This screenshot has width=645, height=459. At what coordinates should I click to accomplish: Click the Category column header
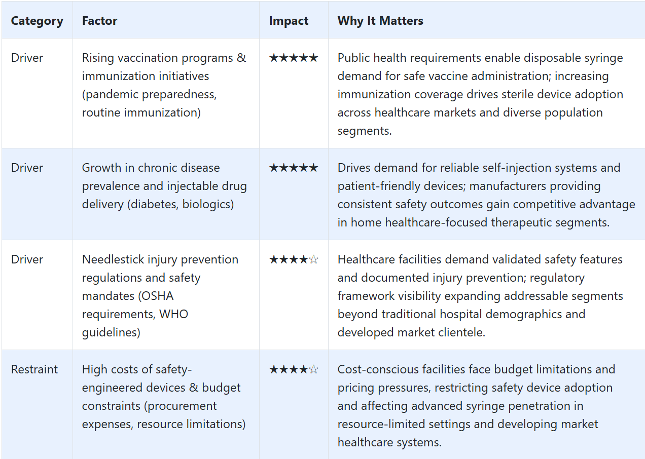[37, 21]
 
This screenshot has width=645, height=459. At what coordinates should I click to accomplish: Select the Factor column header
[99, 21]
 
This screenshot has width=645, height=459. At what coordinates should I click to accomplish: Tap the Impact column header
[289, 21]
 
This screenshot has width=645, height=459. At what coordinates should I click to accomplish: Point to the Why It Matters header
[380, 21]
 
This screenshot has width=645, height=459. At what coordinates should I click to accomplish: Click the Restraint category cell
[34, 369]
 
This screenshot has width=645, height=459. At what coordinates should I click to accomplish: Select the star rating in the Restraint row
[294, 369]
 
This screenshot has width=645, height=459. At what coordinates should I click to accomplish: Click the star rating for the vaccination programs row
[294, 58]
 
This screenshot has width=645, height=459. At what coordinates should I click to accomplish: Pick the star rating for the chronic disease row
[294, 168]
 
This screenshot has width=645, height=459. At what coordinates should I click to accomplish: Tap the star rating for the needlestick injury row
[294, 259]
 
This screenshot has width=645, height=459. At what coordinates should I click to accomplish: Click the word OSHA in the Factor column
[157, 296]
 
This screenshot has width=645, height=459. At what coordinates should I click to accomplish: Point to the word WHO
[173, 314]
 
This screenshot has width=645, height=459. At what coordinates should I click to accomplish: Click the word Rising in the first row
[97, 58]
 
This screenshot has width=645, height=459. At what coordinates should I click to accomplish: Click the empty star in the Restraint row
[313, 369]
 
